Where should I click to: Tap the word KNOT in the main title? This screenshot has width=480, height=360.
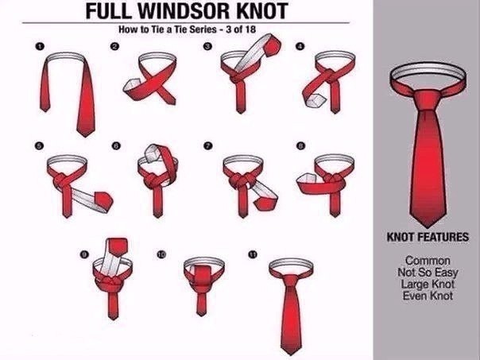pyautogui.click(x=262, y=10)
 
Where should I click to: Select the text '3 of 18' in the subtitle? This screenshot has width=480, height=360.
pyautogui.click(x=241, y=29)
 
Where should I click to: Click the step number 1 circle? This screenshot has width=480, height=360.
pyautogui.click(x=40, y=47)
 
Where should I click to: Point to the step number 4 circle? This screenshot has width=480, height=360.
pyautogui.click(x=300, y=46)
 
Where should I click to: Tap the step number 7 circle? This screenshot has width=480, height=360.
pyautogui.click(x=208, y=145)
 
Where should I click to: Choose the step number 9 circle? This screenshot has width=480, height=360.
pyautogui.click(x=84, y=254)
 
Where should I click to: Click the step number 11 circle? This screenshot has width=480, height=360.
pyautogui.click(x=253, y=254)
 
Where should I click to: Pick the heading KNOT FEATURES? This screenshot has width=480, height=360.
pyautogui.click(x=428, y=238)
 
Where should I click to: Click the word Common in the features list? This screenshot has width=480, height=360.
pyautogui.click(x=428, y=261)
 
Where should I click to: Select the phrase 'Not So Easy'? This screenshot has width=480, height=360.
pyautogui.click(x=428, y=273)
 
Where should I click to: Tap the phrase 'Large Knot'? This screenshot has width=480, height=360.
pyautogui.click(x=428, y=284)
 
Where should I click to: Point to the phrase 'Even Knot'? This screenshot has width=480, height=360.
pyautogui.click(x=428, y=296)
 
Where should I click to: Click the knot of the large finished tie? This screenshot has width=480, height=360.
pyautogui.click(x=428, y=100)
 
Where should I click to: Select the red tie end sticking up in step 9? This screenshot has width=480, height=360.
pyautogui.click(x=118, y=246)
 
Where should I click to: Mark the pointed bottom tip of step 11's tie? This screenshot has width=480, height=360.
pyautogui.click(x=290, y=354)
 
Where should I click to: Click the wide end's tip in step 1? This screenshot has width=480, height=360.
pyautogui.click(x=85, y=136)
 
